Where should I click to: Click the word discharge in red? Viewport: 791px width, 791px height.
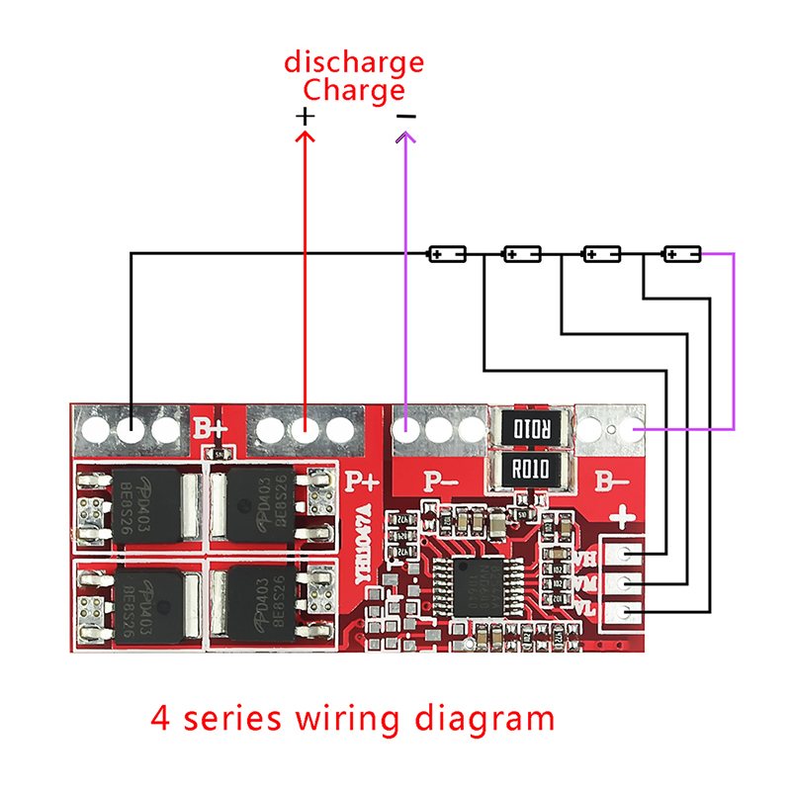(354, 63)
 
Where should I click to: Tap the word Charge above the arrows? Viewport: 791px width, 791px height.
(354, 90)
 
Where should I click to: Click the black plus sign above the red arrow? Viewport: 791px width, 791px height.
(306, 116)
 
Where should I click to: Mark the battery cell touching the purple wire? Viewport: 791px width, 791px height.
(682, 254)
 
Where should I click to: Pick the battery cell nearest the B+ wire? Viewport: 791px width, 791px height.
(446, 254)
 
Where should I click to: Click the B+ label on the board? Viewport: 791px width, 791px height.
(210, 430)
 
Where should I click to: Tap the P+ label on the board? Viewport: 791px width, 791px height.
(363, 483)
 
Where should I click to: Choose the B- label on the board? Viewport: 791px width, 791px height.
(610, 483)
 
